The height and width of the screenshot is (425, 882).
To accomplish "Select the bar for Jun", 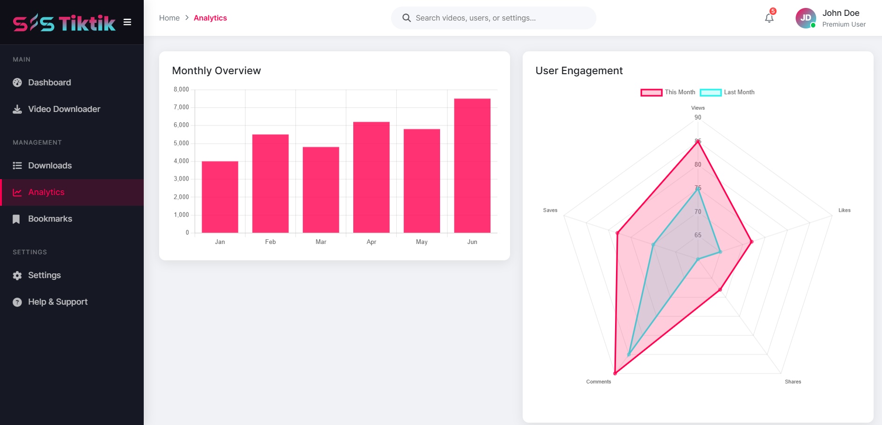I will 472,166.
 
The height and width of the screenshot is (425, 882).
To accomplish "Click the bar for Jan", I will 220,197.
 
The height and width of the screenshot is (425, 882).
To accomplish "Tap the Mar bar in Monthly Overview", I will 321,190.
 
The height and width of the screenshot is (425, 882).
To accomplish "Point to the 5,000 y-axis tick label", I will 181,143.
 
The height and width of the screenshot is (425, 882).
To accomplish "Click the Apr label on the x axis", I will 371,242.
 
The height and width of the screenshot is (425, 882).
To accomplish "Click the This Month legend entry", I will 668,92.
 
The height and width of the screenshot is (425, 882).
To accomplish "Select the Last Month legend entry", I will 727,92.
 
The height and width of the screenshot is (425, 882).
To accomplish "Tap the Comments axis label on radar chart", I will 598,382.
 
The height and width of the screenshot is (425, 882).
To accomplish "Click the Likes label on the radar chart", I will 844,210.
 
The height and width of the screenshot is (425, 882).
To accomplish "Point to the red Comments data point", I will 615,373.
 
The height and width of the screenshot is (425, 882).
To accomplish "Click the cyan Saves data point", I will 653,244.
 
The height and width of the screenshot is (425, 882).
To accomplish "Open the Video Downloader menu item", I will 64,109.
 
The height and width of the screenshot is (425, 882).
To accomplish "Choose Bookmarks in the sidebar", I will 50,219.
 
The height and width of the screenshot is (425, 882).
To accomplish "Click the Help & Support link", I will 57,302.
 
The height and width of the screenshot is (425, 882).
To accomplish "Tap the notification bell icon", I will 769,18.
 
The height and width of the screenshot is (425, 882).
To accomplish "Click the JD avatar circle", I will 805,18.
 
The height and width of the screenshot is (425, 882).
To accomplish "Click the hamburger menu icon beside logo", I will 127,22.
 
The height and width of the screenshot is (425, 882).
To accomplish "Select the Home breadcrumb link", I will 169,18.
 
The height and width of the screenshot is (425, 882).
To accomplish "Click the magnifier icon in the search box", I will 406,18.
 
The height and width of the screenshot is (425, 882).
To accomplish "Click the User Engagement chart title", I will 579,70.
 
